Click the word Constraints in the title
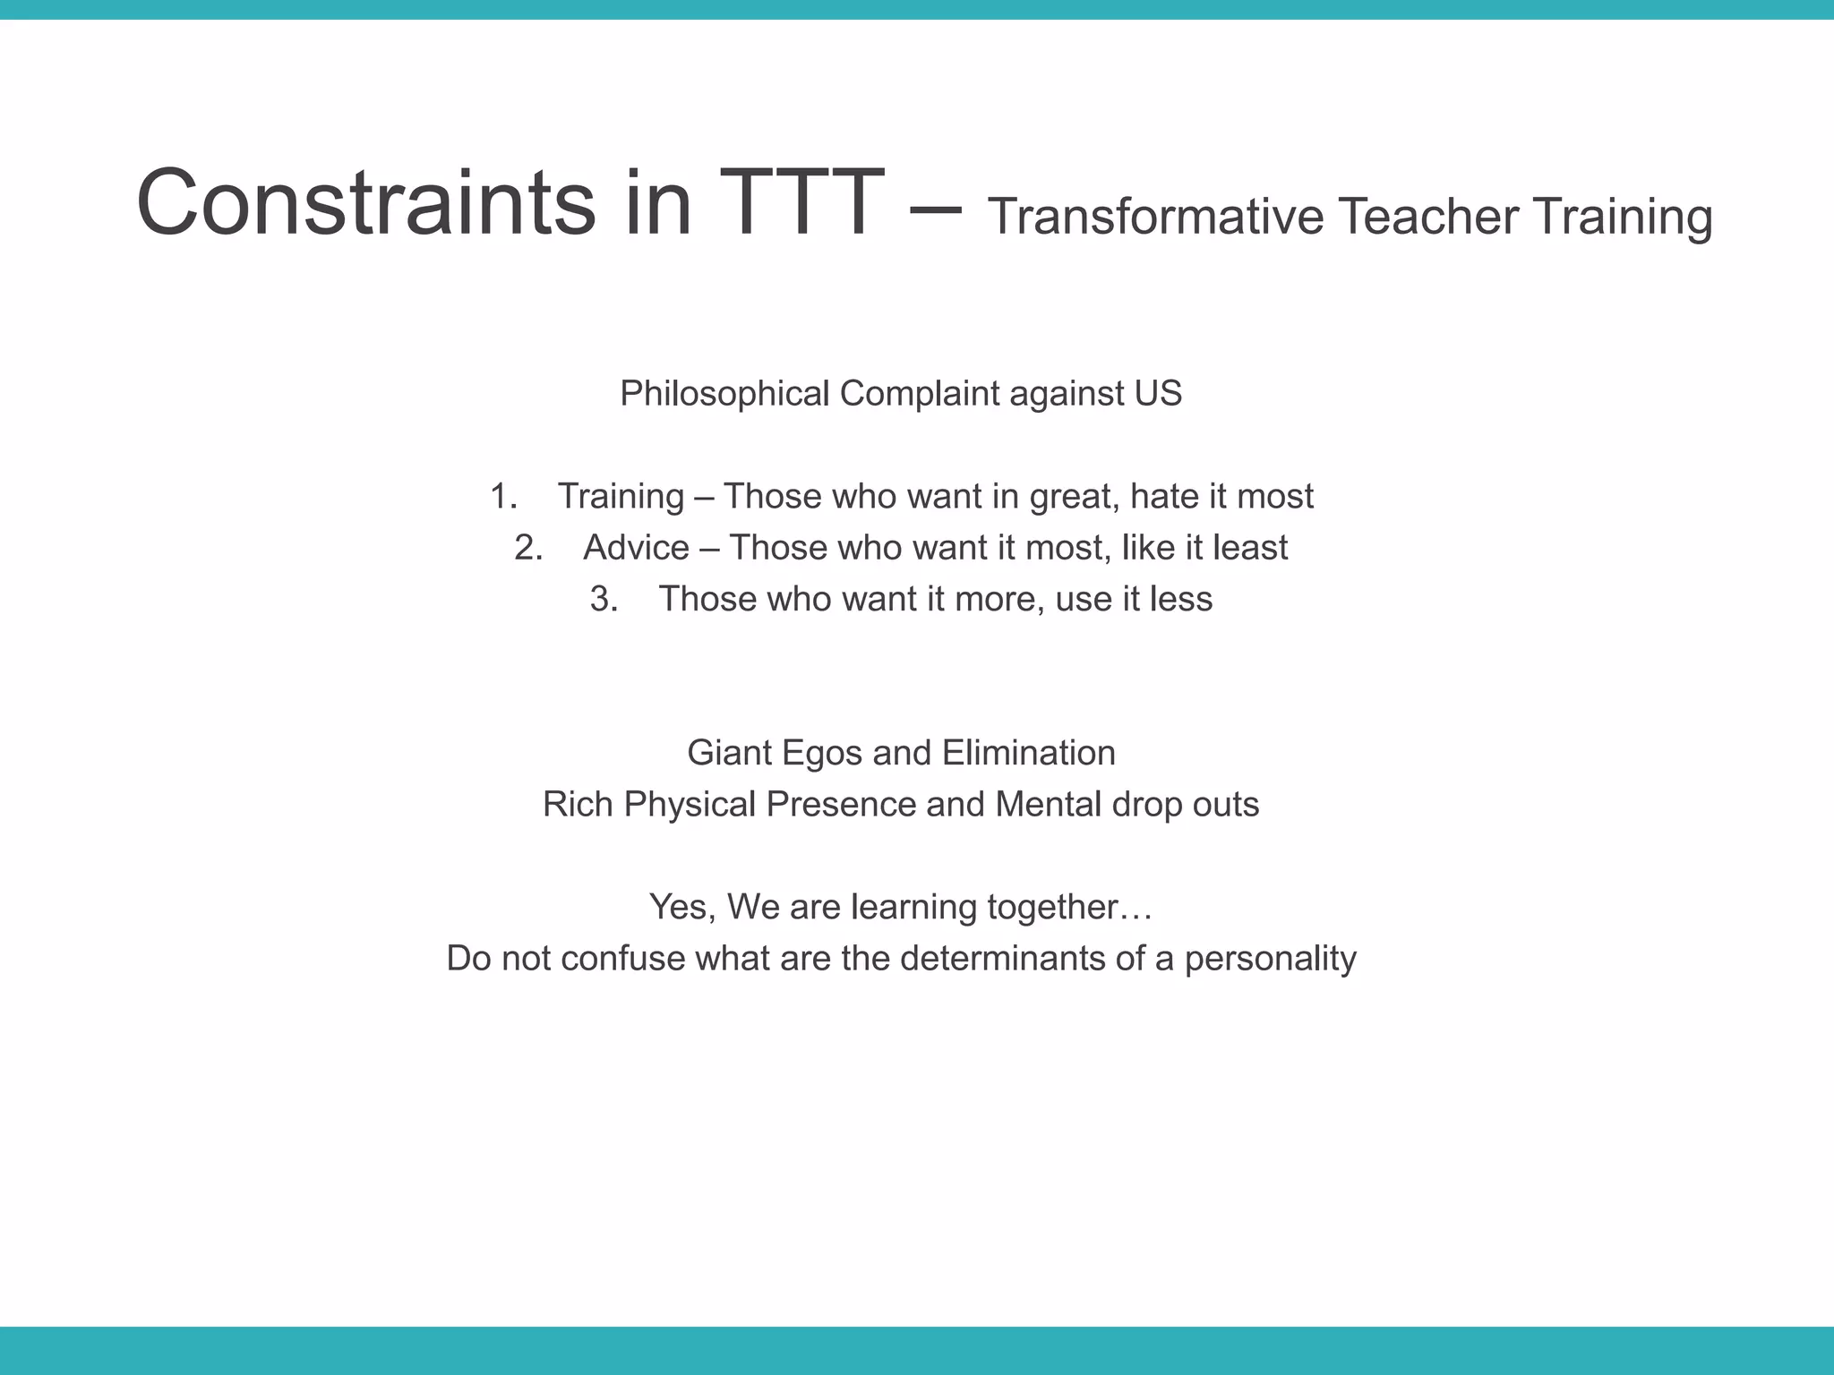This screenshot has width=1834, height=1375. (x=365, y=203)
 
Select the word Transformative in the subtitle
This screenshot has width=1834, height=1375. (x=1155, y=218)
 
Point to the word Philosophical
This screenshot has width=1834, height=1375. (x=724, y=395)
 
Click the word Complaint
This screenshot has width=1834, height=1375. (x=919, y=395)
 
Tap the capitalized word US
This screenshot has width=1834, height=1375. (x=1159, y=395)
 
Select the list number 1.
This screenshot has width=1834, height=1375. (x=502, y=497)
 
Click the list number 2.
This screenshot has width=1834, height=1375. (x=527, y=548)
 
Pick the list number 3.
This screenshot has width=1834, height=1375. (x=603, y=599)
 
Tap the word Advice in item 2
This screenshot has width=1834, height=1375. (x=636, y=548)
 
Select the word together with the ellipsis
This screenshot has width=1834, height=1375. (x=1069, y=908)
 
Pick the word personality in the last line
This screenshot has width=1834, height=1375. (x=1270, y=959)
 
